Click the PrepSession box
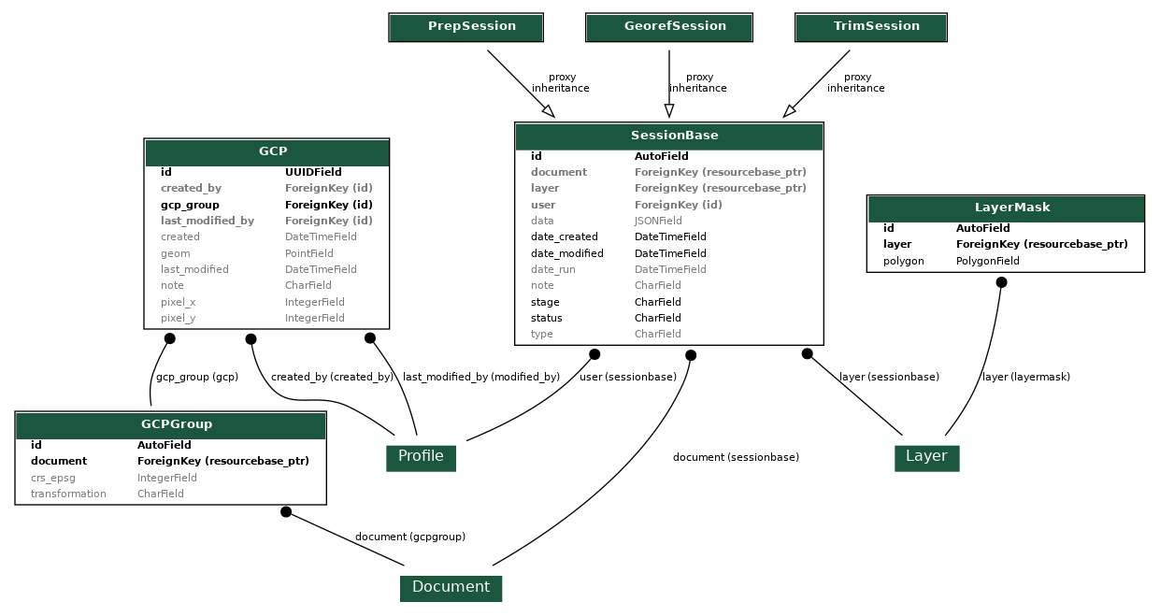pyautogui.click(x=465, y=27)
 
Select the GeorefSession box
pyautogui.click(x=668, y=27)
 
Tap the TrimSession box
pyautogui.click(x=870, y=27)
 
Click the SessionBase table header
pyautogui.click(x=668, y=136)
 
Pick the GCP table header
pyautogui.click(x=266, y=151)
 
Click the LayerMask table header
pyautogui.click(x=1005, y=208)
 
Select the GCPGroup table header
pyautogui.click(x=170, y=424)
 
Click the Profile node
pyautogui.click(x=421, y=457)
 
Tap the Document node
pyautogui.click(x=451, y=588)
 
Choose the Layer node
pyautogui.click(x=926, y=457)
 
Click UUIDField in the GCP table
pyautogui.click(x=313, y=172)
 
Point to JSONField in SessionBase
pyautogui.click(x=658, y=222)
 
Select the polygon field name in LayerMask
pyautogui.click(x=903, y=262)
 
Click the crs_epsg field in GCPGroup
pyautogui.click(x=53, y=478)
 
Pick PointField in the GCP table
pyautogui.click(x=308, y=253)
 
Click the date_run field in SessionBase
pyautogui.click(x=552, y=269)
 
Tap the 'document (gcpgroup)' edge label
pyautogui.click(x=409, y=537)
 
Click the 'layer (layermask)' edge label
pyautogui.click(x=1025, y=378)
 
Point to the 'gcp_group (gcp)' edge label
pyautogui.click(x=196, y=378)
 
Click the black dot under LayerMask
pyautogui.click(x=1001, y=282)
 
